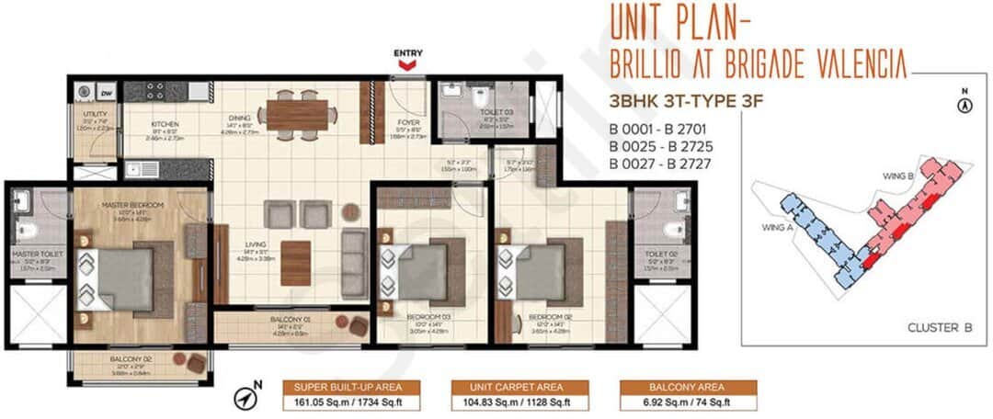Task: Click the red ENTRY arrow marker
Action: tap(407, 66)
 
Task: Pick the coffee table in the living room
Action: tap(295, 263)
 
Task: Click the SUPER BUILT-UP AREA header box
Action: tap(350, 387)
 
